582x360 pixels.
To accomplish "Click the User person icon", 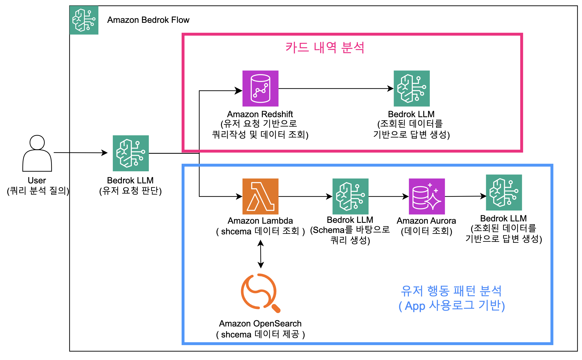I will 37,153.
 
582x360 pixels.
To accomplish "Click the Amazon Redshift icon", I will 260,88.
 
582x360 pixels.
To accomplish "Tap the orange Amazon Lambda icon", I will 260,196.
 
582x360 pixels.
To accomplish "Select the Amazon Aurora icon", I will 427,196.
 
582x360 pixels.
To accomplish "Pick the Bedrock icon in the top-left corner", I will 84,20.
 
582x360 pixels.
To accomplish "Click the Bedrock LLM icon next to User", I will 131,153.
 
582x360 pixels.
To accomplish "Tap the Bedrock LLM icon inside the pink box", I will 411,88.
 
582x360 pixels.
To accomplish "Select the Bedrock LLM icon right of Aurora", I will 504,192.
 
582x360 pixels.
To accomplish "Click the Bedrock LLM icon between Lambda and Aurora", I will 350,196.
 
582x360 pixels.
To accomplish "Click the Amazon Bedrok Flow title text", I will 148,20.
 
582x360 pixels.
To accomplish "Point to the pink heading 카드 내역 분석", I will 325,47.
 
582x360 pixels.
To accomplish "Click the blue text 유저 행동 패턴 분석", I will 451,291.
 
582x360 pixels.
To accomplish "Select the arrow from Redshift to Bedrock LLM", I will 336,88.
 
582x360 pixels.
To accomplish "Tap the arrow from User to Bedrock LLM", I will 80,153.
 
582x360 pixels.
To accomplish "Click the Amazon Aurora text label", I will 426,221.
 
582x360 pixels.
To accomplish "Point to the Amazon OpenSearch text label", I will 260,323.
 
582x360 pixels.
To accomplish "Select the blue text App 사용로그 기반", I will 452,306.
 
